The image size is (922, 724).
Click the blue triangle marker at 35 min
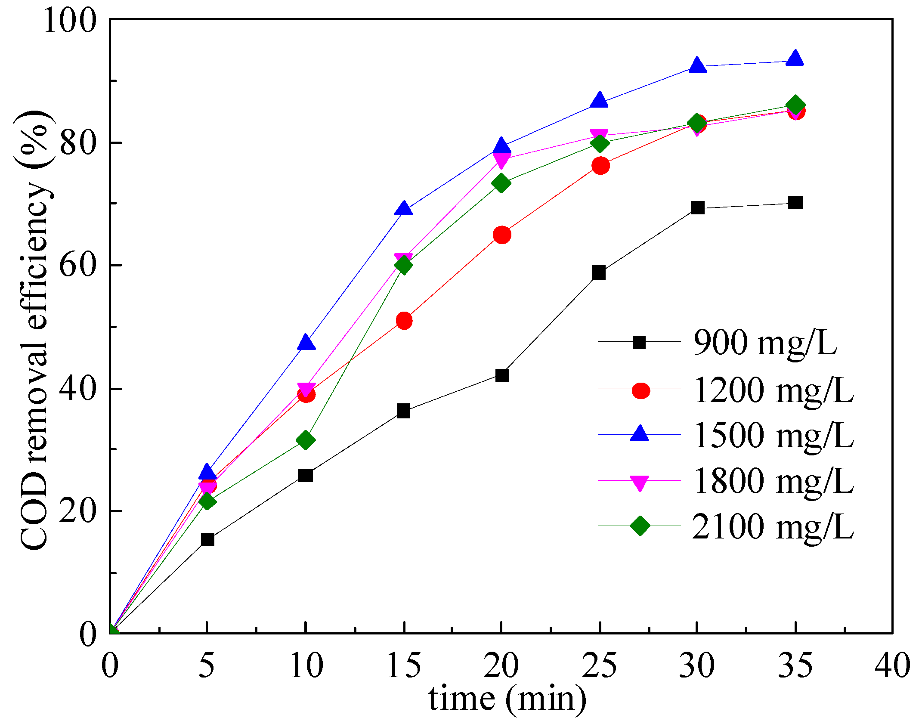pos(795,59)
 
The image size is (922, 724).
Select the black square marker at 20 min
pos(502,375)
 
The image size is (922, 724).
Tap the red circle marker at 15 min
pos(404,321)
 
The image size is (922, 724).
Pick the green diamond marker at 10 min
pos(306,440)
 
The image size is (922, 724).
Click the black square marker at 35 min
pos(795,202)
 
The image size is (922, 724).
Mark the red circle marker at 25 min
pos(600,166)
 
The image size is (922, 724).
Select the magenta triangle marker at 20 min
pos(501,160)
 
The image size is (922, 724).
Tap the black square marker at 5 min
pos(207,539)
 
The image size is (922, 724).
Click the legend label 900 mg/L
pos(765,343)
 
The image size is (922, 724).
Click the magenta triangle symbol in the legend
pos(640,482)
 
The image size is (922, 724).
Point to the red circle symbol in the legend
pos(640,390)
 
